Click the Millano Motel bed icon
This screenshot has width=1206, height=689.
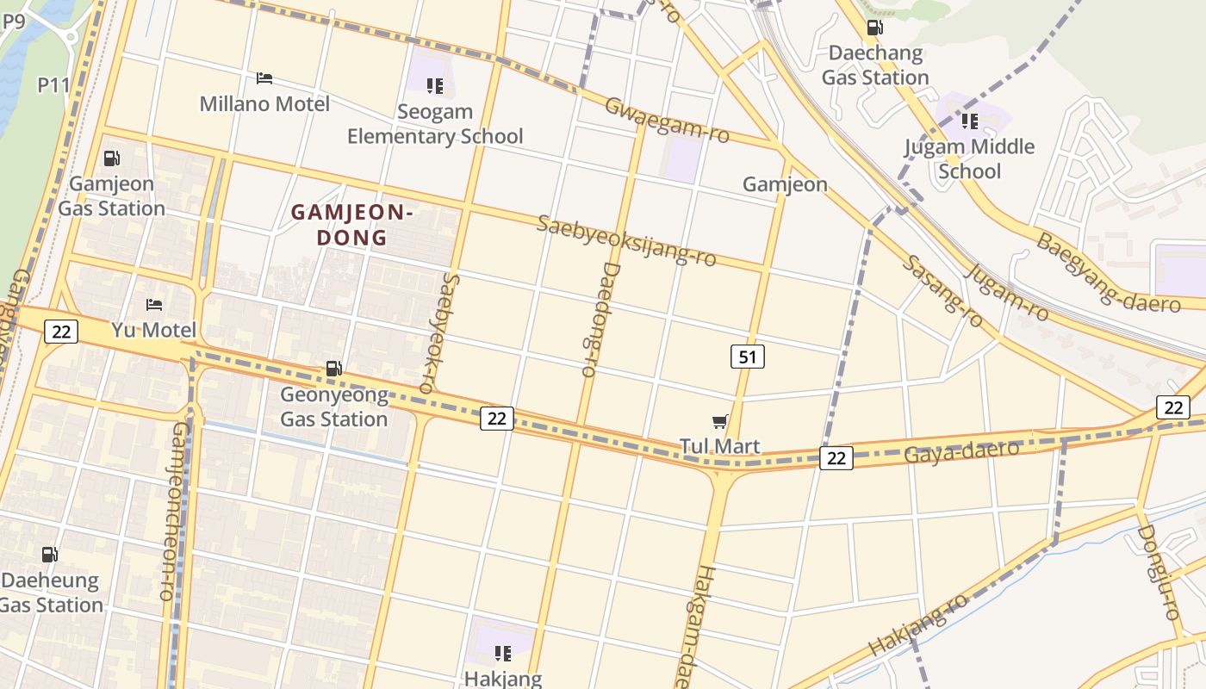264,78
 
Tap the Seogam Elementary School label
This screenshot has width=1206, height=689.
435,124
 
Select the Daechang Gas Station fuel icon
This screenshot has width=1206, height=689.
874,27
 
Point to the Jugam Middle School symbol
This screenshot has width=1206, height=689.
970,121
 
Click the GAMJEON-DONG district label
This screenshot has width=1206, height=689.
352,224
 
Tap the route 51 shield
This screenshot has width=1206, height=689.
747,357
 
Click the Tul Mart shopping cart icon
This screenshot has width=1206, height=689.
720,421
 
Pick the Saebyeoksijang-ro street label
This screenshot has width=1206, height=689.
626,241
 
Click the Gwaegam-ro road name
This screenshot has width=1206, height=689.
667,121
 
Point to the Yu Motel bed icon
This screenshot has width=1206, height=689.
154,305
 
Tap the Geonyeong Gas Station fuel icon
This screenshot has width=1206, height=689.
333,369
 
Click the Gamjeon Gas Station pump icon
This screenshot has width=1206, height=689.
111,158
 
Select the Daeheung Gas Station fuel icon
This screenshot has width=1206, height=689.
50,555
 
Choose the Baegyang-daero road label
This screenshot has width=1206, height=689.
1108,273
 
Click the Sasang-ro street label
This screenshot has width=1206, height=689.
942,291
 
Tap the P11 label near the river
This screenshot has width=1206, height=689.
53,84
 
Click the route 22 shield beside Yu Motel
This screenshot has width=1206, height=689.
62,332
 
